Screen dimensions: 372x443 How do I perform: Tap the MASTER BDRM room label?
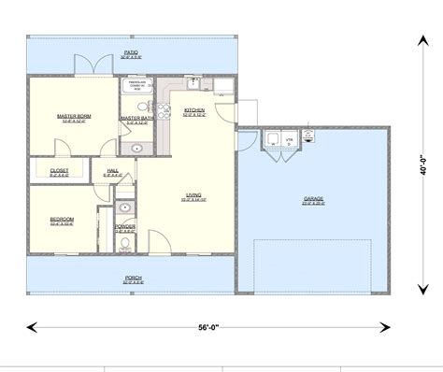73,116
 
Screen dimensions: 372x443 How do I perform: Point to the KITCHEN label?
194,110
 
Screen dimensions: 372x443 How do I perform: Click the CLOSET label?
60,171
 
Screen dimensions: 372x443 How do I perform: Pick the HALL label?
112,170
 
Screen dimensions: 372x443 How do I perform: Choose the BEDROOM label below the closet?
63,220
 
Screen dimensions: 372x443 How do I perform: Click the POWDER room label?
124,227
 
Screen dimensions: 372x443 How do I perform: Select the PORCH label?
134,278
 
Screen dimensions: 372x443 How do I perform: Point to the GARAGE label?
313,199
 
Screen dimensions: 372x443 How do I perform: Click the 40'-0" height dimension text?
423,165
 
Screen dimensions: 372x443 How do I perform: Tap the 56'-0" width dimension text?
209,326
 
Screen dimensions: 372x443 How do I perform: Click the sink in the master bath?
136,147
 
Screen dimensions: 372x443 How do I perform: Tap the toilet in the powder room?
125,245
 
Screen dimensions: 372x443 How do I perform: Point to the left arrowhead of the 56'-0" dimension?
31,326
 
